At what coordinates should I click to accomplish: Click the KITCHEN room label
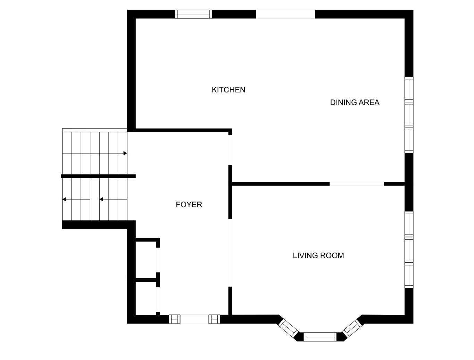click(228, 90)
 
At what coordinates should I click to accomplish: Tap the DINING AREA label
click(355, 102)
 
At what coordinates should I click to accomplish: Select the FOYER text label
click(189, 204)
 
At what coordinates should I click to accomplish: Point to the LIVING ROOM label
click(318, 255)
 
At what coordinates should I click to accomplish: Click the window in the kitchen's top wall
click(193, 14)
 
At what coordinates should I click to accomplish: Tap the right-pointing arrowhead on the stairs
click(125, 153)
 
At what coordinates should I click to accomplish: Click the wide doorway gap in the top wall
click(285, 14)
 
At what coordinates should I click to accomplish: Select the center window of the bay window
click(320, 337)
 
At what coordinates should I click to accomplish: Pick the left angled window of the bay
click(288, 328)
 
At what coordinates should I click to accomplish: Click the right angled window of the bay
click(352, 328)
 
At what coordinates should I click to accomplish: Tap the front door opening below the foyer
click(194, 319)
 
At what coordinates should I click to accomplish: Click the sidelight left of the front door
click(174, 319)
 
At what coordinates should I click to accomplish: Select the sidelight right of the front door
click(214, 319)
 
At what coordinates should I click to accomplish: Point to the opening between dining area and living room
click(357, 184)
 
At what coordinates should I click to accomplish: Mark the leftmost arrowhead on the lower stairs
click(64, 199)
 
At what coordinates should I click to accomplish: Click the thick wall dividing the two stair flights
click(98, 176)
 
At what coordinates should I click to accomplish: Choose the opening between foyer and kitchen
click(230, 150)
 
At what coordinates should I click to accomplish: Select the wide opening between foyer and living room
click(230, 253)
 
